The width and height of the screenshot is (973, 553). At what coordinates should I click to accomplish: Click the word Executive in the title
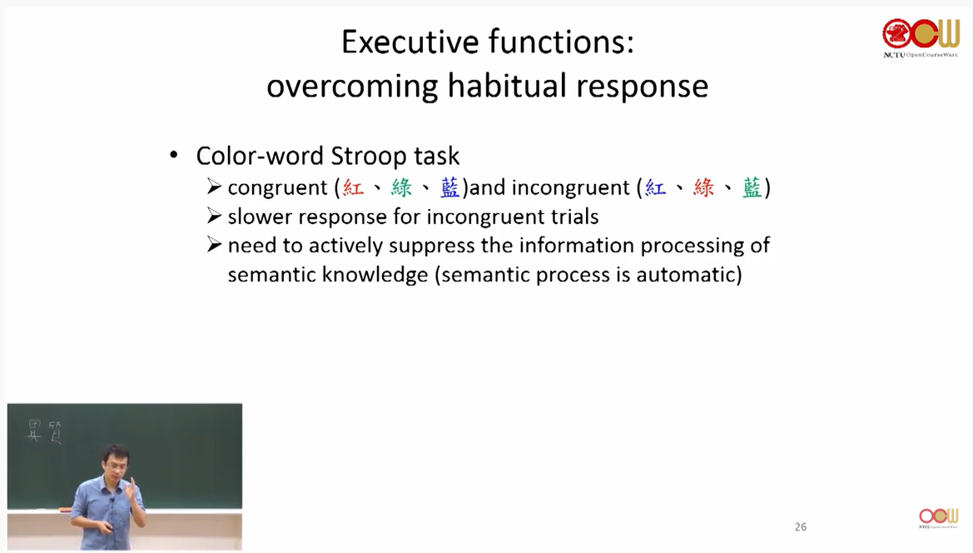[x=410, y=42]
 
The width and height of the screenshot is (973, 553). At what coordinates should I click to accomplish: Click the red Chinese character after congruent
[x=353, y=187]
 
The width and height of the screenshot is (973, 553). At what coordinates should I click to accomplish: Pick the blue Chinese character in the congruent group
[x=450, y=187]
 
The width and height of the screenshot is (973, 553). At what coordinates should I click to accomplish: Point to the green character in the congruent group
[x=401, y=187]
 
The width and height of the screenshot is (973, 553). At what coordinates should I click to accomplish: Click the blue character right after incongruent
[x=655, y=187]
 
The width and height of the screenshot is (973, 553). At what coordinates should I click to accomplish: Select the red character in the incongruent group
[x=703, y=187]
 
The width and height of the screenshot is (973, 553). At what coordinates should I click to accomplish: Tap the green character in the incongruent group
[x=752, y=187]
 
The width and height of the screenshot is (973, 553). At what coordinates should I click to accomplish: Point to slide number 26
[x=801, y=527]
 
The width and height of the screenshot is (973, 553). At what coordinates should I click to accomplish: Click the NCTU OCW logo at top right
[x=921, y=37]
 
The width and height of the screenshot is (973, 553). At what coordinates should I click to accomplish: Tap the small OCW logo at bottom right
[x=938, y=518]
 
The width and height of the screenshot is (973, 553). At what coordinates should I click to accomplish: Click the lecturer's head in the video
[x=116, y=460]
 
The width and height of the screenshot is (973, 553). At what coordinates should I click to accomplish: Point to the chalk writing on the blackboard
[x=45, y=431]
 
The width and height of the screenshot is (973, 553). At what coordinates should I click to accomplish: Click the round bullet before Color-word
[x=174, y=155]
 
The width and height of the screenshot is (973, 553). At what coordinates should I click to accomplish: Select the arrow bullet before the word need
[x=214, y=245]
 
